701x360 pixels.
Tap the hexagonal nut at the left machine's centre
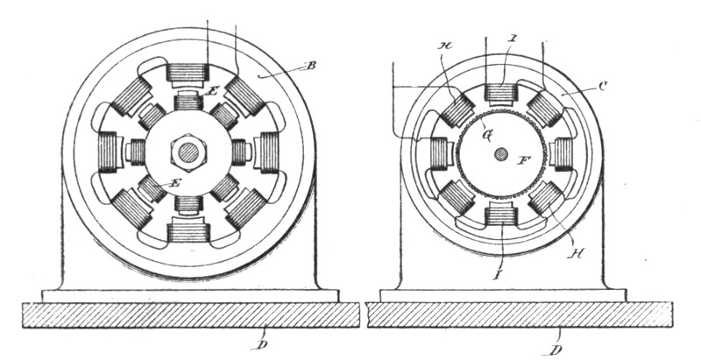click(x=188, y=152)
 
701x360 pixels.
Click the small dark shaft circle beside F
click(x=500, y=153)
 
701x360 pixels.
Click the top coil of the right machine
click(x=500, y=92)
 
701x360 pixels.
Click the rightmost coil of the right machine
click(x=562, y=153)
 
